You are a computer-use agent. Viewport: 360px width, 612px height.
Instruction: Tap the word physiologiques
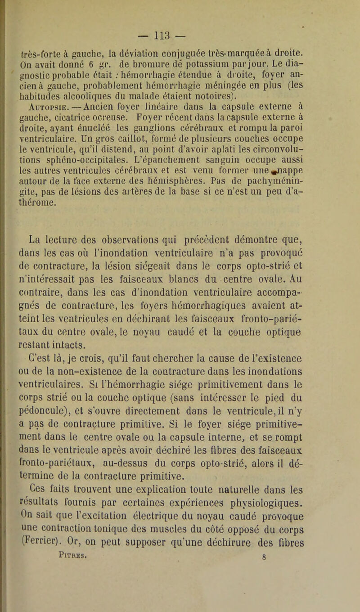(x=280, y=510)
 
